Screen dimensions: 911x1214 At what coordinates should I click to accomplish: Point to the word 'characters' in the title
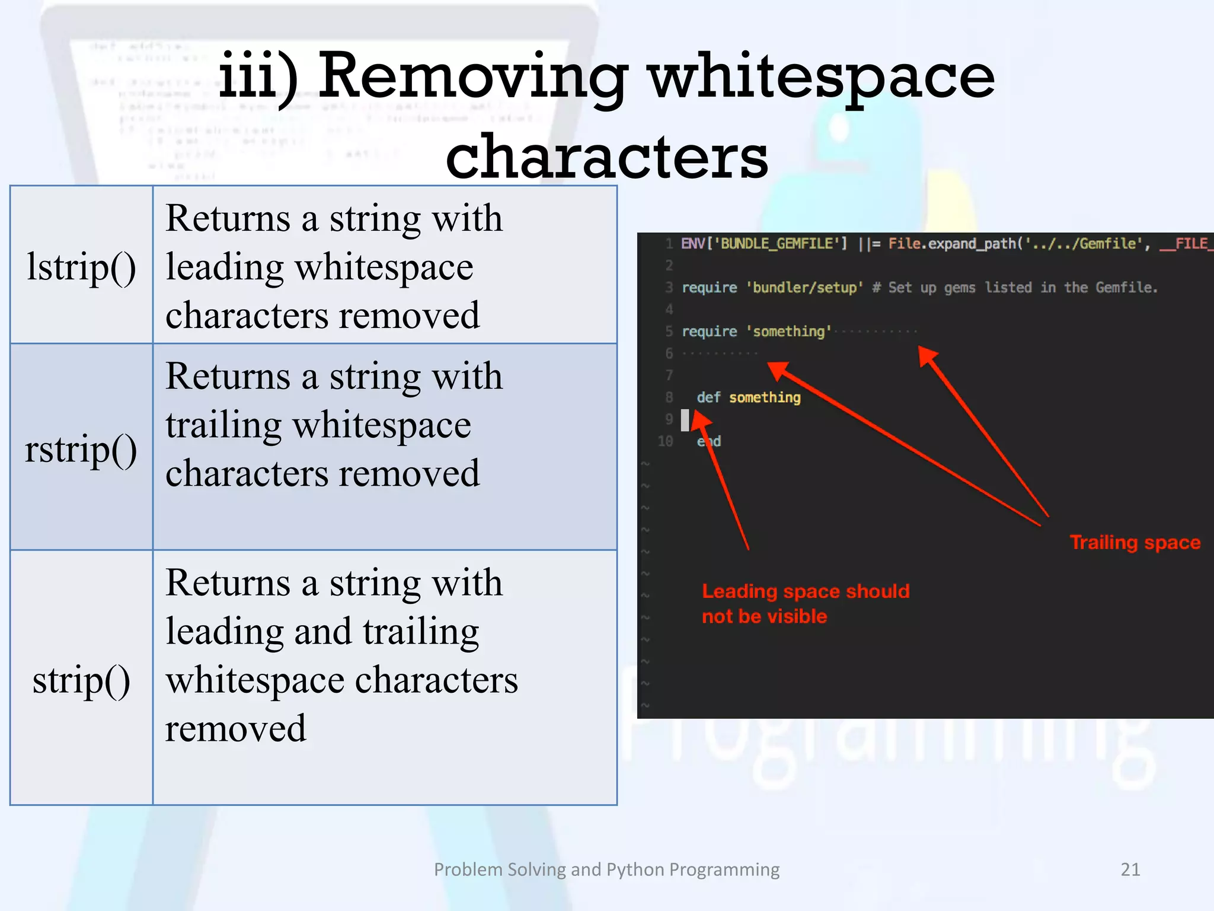tap(606, 157)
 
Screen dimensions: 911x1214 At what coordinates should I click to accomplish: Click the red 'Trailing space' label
tap(1135, 542)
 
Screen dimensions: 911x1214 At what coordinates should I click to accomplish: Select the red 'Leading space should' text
tap(806, 591)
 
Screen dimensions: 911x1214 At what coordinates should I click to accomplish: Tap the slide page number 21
tap(1130, 869)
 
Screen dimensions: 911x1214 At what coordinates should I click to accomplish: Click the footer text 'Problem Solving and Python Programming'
tap(606, 869)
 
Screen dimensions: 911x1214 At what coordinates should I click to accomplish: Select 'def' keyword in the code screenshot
tap(708, 397)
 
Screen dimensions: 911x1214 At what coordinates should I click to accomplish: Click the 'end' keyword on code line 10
tap(709, 441)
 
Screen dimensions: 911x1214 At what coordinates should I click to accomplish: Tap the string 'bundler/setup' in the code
tap(804, 288)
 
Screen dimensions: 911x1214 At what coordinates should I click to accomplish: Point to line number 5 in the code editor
tap(669, 332)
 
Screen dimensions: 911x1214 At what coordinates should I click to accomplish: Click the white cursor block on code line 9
tap(685, 420)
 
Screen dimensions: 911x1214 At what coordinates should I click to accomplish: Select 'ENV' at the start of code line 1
tap(692, 244)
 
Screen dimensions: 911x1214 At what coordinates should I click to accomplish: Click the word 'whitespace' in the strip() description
tap(254, 680)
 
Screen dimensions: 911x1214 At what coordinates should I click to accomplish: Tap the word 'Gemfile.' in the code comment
tap(1126, 288)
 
